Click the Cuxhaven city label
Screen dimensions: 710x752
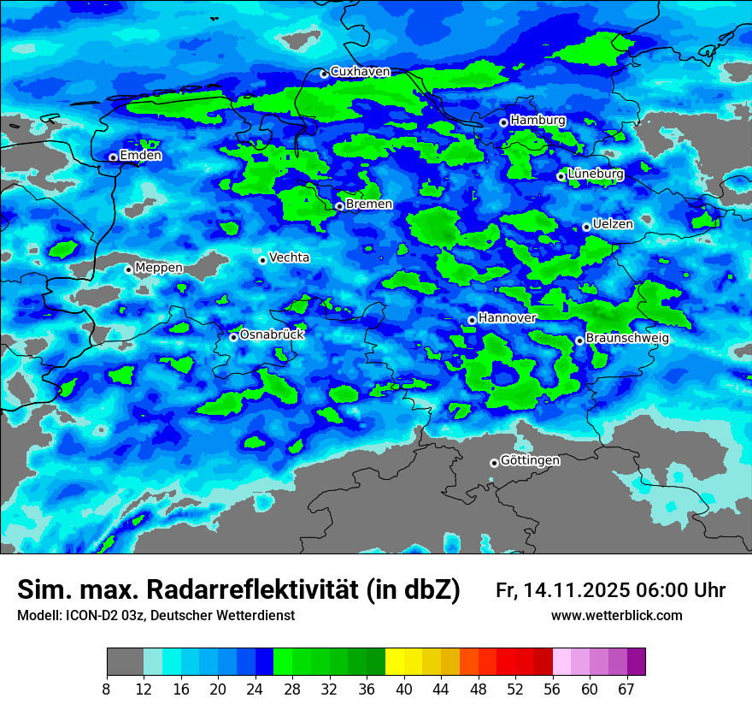tap(360, 72)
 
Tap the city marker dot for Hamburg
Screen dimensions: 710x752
tap(503, 122)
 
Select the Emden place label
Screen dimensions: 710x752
tap(140, 156)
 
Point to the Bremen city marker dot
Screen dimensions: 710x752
tap(339, 206)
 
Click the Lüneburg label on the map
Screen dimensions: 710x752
tap(595, 174)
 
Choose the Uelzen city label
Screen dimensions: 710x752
tap(613, 224)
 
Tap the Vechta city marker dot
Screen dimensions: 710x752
tap(262, 260)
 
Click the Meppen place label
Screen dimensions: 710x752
tap(159, 268)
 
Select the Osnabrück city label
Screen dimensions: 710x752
tap(272, 334)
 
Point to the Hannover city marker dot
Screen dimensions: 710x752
tap(472, 320)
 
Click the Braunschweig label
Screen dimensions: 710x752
tap(627, 338)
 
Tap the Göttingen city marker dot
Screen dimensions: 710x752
tap(494, 463)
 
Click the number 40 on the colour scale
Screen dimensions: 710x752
tap(404, 689)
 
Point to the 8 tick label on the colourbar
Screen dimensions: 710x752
tap(106, 689)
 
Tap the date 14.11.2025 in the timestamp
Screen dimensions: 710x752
tap(576, 590)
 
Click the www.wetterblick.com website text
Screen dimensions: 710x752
tap(616, 616)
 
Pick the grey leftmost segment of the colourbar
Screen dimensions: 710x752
tap(125, 662)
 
